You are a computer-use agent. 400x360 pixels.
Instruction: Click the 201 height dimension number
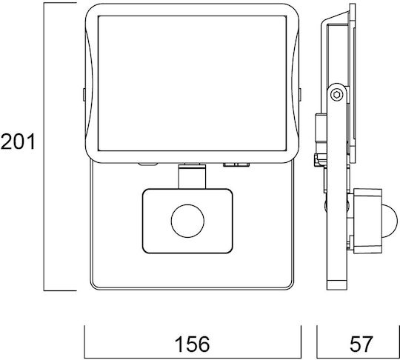click(18, 142)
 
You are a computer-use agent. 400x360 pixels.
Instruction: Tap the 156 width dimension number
click(193, 344)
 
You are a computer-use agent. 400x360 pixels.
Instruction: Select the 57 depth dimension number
click(361, 344)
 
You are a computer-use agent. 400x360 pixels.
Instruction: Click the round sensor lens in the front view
click(187, 221)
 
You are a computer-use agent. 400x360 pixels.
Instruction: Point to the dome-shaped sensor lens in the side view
click(390, 221)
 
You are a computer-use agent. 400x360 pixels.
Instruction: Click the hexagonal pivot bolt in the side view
click(337, 95)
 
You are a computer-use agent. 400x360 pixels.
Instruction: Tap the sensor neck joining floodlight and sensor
click(192, 176)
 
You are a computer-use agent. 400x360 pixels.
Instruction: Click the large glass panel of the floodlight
click(192, 83)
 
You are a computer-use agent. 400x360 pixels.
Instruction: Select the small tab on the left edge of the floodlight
click(84, 94)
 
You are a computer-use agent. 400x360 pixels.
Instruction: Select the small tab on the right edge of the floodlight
click(300, 94)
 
